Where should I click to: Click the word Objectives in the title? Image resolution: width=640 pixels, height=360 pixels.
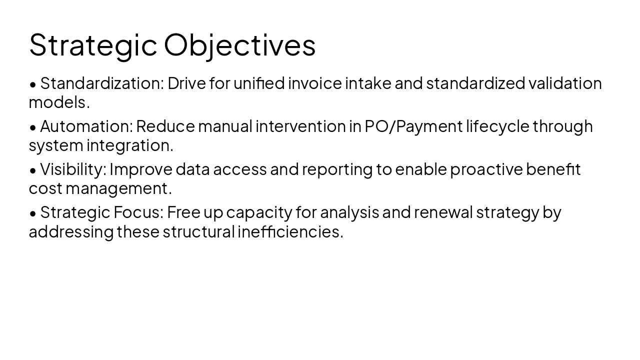point(239,45)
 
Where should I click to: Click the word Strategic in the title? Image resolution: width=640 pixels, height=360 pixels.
point(93,45)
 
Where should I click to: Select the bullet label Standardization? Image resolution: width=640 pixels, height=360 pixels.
point(102,83)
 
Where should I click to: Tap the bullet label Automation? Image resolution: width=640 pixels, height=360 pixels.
point(86,126)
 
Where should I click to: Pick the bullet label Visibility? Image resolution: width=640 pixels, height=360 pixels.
point(73,169)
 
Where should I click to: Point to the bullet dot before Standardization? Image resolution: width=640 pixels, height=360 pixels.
point(33,84)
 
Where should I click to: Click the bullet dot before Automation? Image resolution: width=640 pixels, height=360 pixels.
point(33,127)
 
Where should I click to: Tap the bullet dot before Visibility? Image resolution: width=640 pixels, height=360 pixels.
point(33,170)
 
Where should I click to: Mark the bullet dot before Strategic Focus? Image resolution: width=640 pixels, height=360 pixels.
point(33,213)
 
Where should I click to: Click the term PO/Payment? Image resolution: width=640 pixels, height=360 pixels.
point(413,126)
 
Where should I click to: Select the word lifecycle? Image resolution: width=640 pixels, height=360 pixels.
point(497,126)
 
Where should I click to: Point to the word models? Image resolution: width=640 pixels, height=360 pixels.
point(59,102)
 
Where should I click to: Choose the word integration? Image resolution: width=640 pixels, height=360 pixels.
point(130,145)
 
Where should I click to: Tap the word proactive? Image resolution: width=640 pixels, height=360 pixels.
point(486,169)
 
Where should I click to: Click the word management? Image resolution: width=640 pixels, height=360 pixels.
point(118,188)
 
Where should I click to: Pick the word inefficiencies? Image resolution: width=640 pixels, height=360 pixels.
point(290,231)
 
